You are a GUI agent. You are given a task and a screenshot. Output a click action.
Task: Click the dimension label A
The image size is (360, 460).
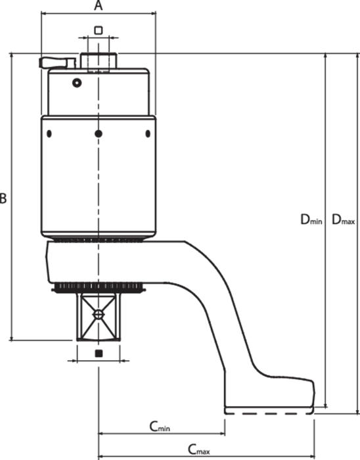[99, 5]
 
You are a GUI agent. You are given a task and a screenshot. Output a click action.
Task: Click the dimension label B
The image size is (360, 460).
[3, 198]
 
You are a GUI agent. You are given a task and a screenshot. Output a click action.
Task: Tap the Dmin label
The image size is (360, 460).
[311, 219]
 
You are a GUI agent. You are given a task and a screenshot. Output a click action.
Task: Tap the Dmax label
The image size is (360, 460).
[344, 219]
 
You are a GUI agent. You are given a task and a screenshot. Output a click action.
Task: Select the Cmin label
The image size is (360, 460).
[160, 426]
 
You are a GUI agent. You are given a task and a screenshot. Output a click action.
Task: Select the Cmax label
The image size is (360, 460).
[199, 449]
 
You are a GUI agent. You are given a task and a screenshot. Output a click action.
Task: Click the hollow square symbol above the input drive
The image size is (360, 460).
[99, 30]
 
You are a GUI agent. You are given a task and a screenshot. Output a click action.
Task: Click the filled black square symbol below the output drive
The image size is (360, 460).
[99, 354]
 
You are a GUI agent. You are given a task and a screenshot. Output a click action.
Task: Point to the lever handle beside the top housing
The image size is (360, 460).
[57, 62]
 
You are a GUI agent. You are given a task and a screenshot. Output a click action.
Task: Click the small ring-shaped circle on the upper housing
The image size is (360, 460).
[77, 83]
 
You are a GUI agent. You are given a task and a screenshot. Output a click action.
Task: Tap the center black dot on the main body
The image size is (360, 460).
[99, 134]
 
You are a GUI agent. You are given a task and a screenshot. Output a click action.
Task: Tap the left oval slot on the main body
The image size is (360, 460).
[49, 134]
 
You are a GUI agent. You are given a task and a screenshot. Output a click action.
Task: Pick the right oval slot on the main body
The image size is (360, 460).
[148, 134]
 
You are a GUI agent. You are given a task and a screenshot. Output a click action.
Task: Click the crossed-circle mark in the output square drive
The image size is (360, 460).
[99, 315]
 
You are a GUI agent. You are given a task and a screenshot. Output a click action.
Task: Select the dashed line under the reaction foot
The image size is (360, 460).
[269, 413]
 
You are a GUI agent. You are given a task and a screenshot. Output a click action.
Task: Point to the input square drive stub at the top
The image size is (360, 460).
[99, 61]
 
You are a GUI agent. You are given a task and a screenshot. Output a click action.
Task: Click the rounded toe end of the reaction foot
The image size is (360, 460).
[313, 393]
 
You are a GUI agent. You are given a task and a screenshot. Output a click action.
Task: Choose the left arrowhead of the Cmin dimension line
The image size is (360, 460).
[101, 433]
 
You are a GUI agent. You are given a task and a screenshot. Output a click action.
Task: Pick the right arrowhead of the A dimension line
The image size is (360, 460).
[153, 13]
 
